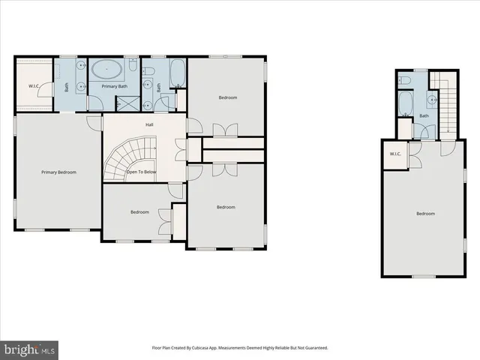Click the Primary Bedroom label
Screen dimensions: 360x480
click(x=58, y=172)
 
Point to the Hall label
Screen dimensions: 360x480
click(x=149, y=125)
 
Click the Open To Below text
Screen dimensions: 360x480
click(x=142, y=172)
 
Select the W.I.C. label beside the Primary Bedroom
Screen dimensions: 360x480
click(x=34, y=85)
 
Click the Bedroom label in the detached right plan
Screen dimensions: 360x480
click(x=425, y=214)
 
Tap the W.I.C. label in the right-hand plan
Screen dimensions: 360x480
click(x=394, y=154)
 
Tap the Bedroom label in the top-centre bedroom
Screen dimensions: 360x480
click(x=228, y=97)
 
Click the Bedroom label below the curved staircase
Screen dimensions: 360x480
click(x=140, y=211)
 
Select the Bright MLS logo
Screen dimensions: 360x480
click(x=30, y=349)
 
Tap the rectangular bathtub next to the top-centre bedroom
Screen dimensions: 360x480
click(x=178, y=73)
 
